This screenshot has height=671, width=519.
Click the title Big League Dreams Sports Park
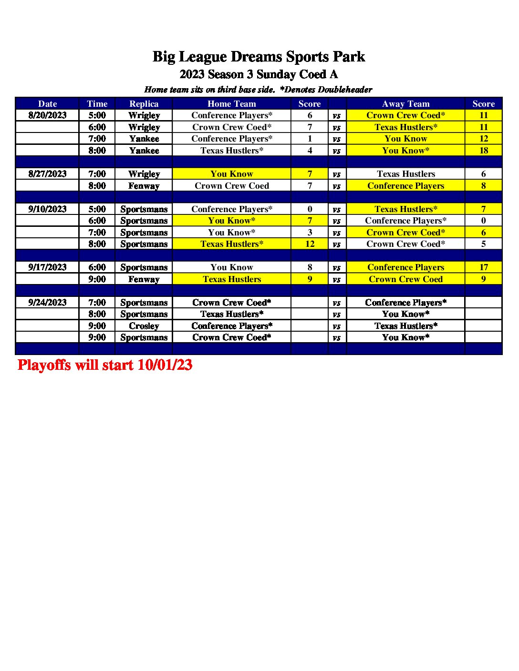(x=259, y=57)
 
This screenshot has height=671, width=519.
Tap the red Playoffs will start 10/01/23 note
(x=105, y=365)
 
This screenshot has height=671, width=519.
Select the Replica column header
(x=144, y=103)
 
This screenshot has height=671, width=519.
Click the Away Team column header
(x=405, y=103)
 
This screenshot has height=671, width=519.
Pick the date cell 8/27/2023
(x=47, y=174)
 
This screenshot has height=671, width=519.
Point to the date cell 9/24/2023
(x=47, y=303)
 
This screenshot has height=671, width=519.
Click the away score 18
(x=483, y=151)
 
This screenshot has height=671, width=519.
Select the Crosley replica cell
(x=144, y=326)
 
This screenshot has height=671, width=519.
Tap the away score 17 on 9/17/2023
(x=483, y=267)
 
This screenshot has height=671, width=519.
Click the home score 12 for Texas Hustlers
(x=310, y=244)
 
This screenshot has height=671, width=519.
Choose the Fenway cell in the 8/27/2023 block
(x=144, y=186)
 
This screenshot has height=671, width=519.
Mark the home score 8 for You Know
(x=310, y=267)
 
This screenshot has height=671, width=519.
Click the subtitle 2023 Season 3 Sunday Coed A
(x=259, y=74)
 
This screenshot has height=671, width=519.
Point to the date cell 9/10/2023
(x=47, y=209)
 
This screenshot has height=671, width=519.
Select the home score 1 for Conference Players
(x=310, y=139)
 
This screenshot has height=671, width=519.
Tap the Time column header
(x=97, y=103)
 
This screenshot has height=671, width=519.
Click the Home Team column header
(x=232, y=103)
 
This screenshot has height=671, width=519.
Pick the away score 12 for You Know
(x=483, y=139)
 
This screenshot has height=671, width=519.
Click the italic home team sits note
(x=258, y=90)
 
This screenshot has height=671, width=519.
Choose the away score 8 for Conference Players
(x=483, y=186)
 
